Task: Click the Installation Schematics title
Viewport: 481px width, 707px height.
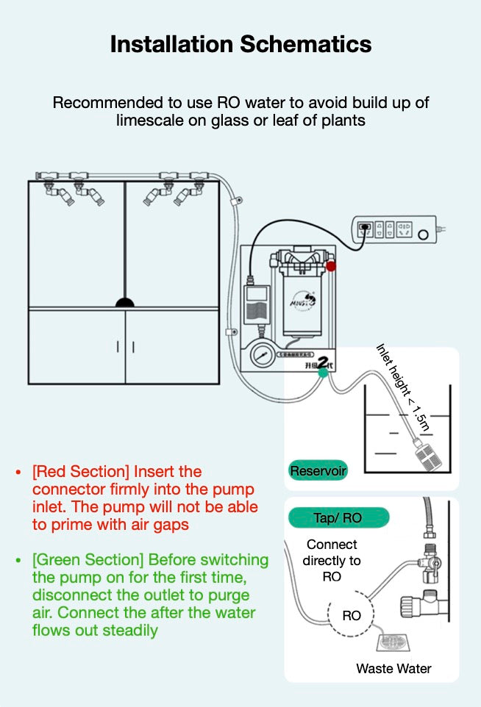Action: (x=240, y=44)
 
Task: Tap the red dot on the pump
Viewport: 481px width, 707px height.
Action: (x=331, y=265)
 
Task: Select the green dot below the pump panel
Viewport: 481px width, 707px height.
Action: (x=323, y=373)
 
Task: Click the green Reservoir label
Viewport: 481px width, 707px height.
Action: (x=318, y=470)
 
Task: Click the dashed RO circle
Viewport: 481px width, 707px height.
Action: (x=352, y=614)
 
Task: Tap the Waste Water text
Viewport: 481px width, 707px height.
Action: (x=393, y=668)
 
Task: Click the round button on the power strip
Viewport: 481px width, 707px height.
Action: (x=423, y=236)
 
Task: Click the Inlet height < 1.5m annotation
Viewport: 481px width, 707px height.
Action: (x=402, y=387)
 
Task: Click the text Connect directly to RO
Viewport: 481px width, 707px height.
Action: (x=332, y=561)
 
